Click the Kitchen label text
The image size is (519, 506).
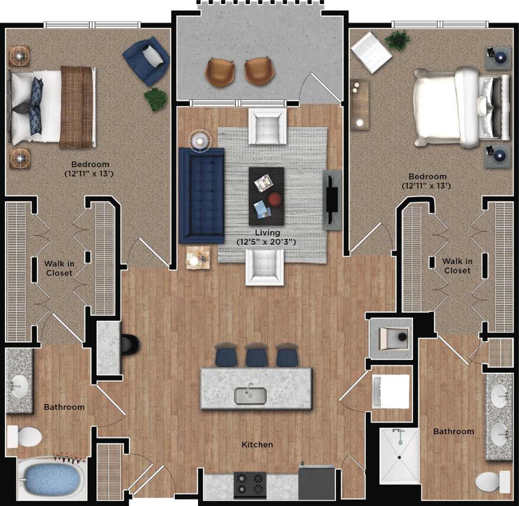(x=257, y=444)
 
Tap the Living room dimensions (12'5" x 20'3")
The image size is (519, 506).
(x=267, y=242)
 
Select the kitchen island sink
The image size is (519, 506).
(x=251, y=396)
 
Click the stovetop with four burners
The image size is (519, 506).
(x=250, y=484)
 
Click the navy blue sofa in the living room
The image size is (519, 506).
(x=201, y=195)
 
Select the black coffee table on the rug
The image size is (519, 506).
(x=266, y=196)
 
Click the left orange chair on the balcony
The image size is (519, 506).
(x=220, y=71)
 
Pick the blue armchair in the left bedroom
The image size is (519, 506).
(x=146, y=60)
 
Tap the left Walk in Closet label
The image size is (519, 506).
(x=59, y=268)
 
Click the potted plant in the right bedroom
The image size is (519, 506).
(x=396, y=41)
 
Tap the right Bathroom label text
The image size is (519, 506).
(x=453, y=431)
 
